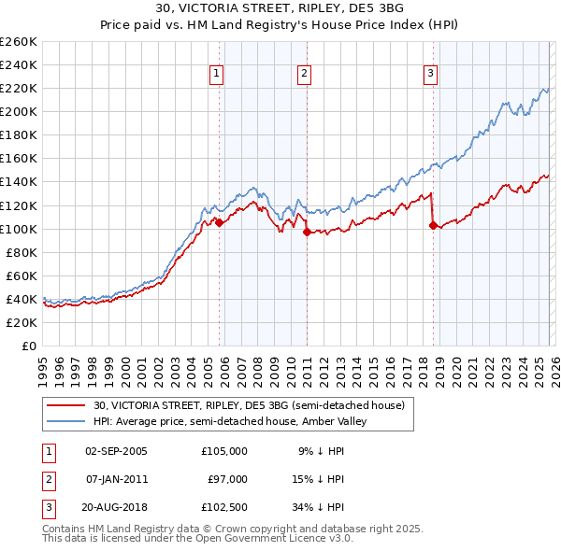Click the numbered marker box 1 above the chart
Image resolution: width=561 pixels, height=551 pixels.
(217, 74)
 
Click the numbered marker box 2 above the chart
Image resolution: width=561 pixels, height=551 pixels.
(305, 74)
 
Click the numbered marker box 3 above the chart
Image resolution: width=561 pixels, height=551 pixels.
(430, 74)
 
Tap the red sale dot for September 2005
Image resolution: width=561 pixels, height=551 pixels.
(219, 222)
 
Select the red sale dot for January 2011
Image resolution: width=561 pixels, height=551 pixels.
(307, 233)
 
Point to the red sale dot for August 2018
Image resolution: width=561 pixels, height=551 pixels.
(433, 225)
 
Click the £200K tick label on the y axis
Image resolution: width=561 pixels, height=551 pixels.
(18, 111)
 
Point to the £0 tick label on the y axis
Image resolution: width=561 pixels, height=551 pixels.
(29, 346)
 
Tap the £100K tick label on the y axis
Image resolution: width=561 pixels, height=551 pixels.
(18, 229)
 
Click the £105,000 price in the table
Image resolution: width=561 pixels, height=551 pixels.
(224, 450)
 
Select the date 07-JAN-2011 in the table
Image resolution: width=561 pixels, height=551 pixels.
(116, 478)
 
